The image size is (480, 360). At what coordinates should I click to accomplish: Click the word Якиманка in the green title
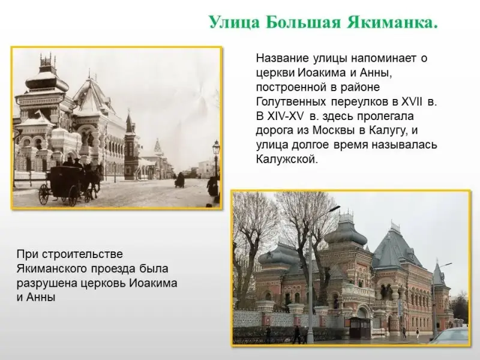(392, 22)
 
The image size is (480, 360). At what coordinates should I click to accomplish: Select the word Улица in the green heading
(234, 23)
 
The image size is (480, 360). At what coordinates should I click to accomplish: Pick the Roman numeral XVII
(412, 101)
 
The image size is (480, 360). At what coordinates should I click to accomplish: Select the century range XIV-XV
(286, 116)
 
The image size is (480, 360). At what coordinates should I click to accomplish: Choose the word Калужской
(286, 160)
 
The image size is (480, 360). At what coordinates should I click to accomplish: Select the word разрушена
(46, 283)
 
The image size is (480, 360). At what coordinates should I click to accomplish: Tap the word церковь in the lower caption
(103, 283)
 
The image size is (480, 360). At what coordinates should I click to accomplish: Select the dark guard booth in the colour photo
(360, 327)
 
